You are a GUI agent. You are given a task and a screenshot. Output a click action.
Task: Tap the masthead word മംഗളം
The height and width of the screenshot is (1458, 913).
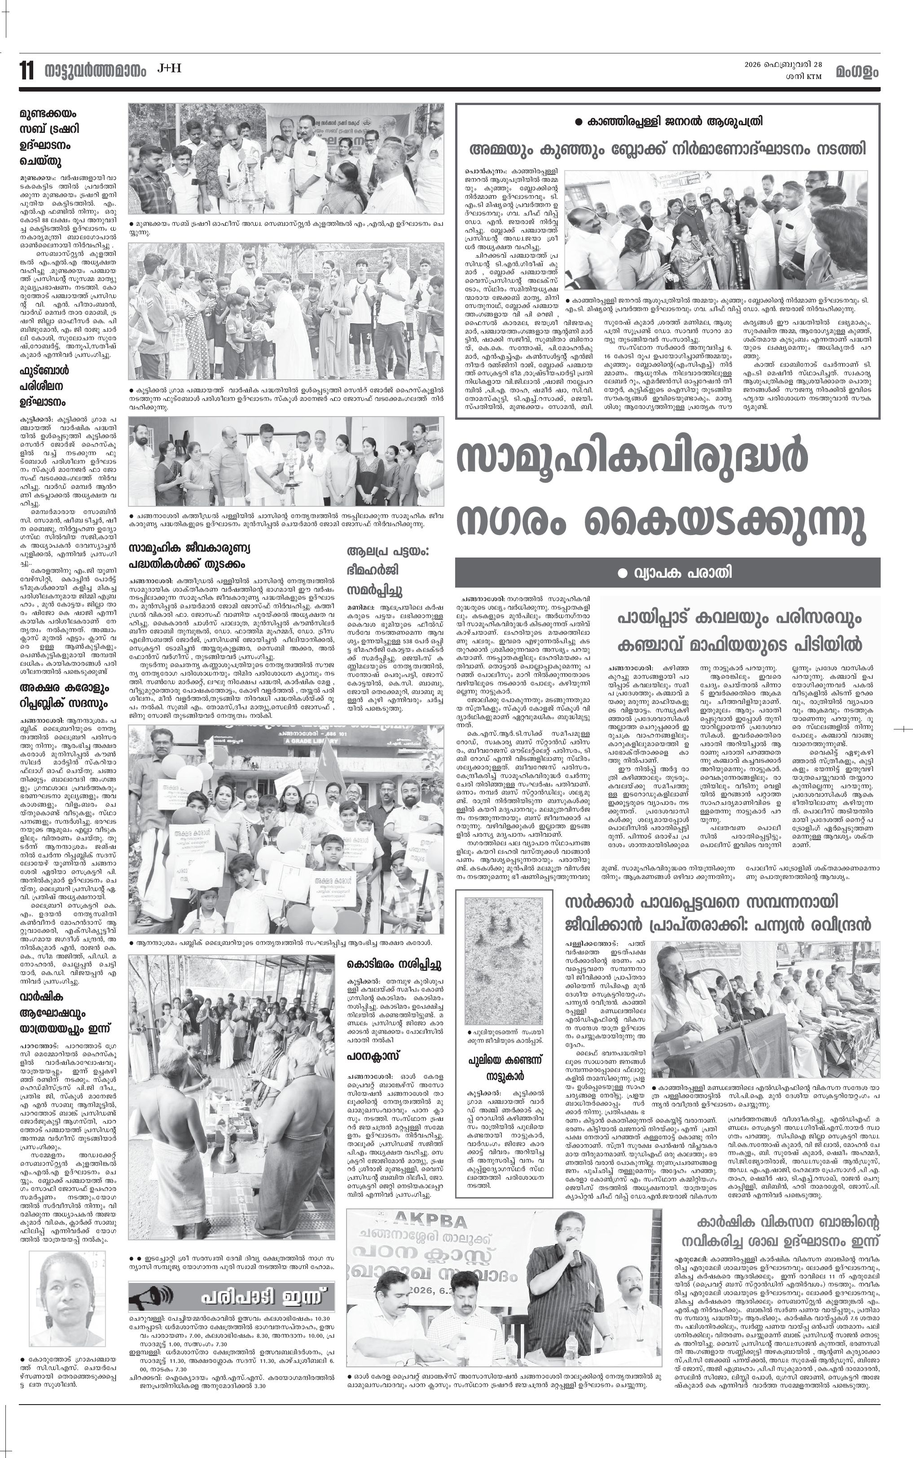857,72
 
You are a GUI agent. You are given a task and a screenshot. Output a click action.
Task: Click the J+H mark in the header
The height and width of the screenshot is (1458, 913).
169,69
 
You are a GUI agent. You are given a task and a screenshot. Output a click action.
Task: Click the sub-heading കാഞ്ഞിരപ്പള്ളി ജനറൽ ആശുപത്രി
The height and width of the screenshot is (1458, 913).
667,121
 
